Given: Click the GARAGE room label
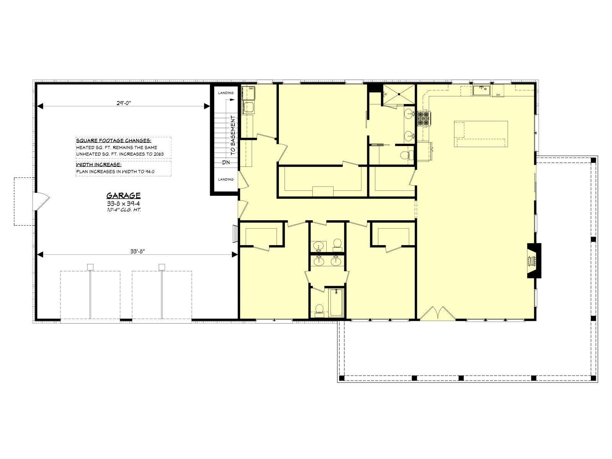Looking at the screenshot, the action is (x=123, y=195).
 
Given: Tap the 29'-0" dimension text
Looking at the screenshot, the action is (x=124, y=103).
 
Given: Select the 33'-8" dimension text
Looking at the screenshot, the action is (x=137, y=251).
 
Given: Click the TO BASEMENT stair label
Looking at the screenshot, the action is (x=233, y=135).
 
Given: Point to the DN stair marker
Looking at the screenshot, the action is (x=226, y=162).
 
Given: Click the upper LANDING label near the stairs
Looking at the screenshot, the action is (x=226, y=93).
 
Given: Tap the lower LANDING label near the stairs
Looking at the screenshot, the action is (x=226, y=179).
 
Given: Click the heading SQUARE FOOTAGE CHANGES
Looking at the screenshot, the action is (x=114, y=140).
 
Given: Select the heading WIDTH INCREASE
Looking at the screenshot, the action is (x=99, y=164).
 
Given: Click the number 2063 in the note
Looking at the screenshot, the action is (x=158, y=154).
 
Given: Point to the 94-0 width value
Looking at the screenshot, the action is (x=149, y=172).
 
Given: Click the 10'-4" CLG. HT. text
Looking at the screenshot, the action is (x=124, y=210).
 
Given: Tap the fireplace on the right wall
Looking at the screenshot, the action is (x=534, y=260).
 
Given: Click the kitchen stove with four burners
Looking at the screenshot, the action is (x=424, y=118).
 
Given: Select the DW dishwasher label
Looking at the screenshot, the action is (x=498, y=95).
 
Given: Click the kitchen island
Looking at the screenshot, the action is (x=481, y=134).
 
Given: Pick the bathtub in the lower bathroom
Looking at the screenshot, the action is (x=337, y=303).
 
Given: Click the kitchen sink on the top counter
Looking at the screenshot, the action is (x=482, y=90).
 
